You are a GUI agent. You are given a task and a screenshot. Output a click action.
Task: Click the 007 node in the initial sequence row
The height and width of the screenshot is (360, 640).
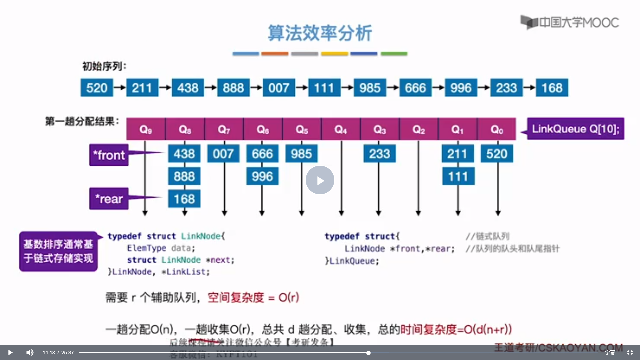279,88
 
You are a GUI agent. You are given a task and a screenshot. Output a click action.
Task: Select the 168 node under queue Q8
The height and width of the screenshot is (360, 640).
184,199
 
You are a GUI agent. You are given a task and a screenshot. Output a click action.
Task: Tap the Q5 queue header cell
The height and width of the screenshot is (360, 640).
302,129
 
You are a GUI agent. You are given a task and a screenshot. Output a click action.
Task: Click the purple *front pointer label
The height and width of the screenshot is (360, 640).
109,155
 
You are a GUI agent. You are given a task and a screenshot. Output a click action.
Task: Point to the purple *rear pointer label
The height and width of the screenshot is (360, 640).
109,199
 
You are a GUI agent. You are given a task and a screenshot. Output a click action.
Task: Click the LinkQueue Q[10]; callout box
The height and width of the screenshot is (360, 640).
575,129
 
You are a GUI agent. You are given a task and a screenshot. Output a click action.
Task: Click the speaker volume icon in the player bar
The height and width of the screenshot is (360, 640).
30,352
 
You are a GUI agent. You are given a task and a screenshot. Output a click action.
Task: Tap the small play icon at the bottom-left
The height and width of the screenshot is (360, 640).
10,352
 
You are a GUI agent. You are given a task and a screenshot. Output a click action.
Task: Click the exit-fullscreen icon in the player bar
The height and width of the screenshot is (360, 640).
630,352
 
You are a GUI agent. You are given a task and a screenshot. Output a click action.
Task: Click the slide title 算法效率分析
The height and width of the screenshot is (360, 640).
320,33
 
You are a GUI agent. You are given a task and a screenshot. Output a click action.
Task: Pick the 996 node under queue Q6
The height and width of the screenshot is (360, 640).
262,176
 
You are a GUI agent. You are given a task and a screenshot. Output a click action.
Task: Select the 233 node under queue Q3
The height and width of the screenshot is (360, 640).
379,154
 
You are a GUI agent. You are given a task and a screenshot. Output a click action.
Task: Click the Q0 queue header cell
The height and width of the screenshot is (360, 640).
496,129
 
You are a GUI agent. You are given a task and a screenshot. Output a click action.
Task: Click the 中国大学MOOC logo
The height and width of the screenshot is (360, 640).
570,22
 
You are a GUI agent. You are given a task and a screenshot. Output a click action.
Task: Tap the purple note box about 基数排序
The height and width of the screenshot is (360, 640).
58,251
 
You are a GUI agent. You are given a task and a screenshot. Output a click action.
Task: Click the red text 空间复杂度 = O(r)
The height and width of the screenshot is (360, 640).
253,297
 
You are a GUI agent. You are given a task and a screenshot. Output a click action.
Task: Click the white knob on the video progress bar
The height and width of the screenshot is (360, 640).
368,352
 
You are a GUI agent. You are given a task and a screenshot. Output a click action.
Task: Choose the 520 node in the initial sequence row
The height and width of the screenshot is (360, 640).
97,88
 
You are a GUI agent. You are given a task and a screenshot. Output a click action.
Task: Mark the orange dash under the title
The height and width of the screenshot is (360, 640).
275,53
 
